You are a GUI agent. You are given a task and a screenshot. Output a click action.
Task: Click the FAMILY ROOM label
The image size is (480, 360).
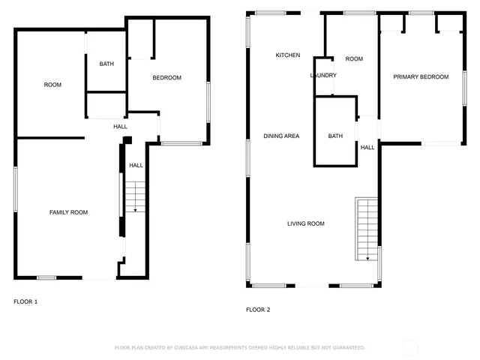pyautogui.click(x=68, y=212)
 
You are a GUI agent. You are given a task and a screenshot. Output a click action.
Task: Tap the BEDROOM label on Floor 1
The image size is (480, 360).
pyautogui.click(x=167, y=78)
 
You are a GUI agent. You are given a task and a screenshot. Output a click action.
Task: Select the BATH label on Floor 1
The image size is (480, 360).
pyautogui.click(x=106, y=64)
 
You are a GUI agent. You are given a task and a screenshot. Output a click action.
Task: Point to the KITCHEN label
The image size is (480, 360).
pyautogui.click(x=288, y=55)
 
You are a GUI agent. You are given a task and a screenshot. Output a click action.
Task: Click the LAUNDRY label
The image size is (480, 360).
pyautogui.click(x=323, y=76)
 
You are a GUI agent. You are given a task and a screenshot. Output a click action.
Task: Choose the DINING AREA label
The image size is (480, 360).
pyautogui.click(x=281, y=136)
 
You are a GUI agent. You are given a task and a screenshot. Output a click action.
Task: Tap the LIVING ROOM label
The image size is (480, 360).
pyautogui.click(x=305, y=223)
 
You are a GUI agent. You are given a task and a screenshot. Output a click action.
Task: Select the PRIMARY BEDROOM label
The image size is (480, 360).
pyautogui.click(x=421, y=77)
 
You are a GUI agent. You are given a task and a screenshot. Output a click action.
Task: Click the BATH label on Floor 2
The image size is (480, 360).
pyautogui.click(x=335, y=136)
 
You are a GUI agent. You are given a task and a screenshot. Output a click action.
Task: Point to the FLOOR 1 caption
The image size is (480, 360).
pyautogui.click(x=25, y=301)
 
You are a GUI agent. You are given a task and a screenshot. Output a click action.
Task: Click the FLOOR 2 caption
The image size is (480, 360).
pyautogui.click(x=258, y=309)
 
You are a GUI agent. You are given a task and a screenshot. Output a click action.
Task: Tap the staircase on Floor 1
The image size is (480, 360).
pyautogui.click(x=135, y=196)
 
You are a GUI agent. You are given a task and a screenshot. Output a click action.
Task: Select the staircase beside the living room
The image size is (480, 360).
pyautogui.click(x=367, y=229)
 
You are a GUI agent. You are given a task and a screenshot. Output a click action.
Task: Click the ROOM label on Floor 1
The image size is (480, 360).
pyautogui.click(x=52, y=85)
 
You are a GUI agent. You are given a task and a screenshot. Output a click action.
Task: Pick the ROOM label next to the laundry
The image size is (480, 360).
pyautogui.click(x=354, y=59)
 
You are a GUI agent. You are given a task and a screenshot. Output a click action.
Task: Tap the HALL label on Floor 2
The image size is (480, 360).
pyautogui.click(x=367, y=148)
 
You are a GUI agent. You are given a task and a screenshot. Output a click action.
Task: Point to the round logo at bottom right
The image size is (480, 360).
pyautogui.click(x=410, y=347)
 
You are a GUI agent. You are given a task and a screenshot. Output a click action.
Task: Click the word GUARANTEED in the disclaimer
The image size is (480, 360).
pyautogui.click(x=349, y=348)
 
